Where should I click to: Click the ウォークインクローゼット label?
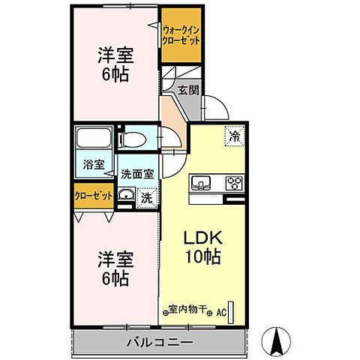click(181, 35)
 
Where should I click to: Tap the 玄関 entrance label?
click(187, 90)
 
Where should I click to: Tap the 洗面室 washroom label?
click(138, 172)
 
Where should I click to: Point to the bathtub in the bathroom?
click(94, 139)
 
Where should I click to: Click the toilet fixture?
click(136, 139)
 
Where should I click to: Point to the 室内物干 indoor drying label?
click(187, 308)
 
